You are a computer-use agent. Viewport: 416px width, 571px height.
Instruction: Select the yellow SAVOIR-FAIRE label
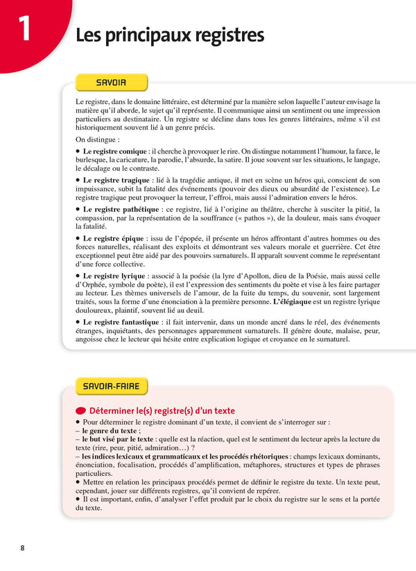click(x=111, y=386)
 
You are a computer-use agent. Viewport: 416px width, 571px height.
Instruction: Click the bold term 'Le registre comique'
click(x=115, y=151)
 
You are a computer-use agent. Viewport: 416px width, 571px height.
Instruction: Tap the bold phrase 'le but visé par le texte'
click(x=118, y=439)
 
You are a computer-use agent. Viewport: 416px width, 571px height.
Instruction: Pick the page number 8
click(x=22, y=548)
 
